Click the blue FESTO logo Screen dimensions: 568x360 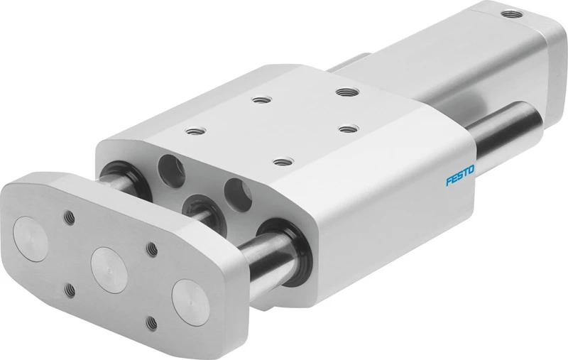[460, 175]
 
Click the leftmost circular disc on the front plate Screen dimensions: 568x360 [31, 236]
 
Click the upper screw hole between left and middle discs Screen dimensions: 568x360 [69, 217]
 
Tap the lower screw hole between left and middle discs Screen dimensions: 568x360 [70, 290]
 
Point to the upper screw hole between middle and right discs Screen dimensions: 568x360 [151, 249]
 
